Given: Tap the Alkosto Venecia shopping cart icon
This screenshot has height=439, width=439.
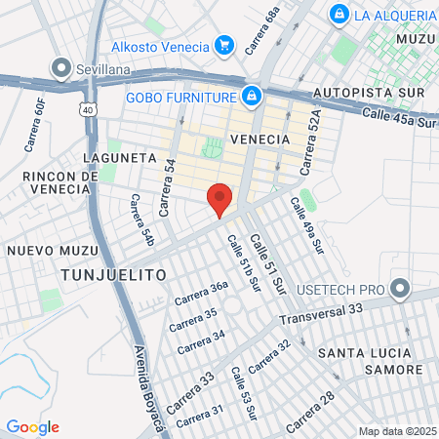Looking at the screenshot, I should pos(224,45).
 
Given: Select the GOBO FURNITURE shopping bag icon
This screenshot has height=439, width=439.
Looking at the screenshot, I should pos(252,96).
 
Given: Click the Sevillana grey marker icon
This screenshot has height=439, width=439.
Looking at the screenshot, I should pos(60,68).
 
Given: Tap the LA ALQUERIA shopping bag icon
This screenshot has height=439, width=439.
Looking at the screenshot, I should pos(339,15).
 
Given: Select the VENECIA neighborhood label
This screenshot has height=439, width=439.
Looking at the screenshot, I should pos(260,140).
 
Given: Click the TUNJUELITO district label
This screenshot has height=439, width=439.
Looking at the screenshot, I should pos(113,275).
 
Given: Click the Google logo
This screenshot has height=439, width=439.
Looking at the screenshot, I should pos(32,427).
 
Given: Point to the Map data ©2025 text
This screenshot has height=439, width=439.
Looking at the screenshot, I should pos(396,431).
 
